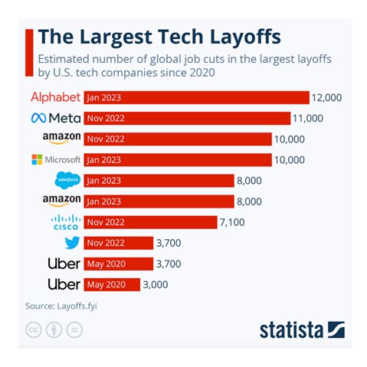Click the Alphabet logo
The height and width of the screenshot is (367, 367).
coord(55,97)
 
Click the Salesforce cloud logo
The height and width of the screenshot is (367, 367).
coord(67,180)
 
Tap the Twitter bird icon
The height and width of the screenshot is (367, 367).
coord(72,243)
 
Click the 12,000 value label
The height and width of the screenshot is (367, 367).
coord(326,97)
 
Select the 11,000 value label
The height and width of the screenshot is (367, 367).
coord(307,118)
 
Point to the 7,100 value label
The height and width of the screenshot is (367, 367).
coord(233,222)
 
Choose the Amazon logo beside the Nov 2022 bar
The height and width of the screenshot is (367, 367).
coord(61,139)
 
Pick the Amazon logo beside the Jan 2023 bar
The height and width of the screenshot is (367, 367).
coord(61,202)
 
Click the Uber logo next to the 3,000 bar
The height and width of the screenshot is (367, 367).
coord(64,284)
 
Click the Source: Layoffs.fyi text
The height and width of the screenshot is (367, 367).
coord(61,306)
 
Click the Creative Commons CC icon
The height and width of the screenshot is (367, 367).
coord(34,329)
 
